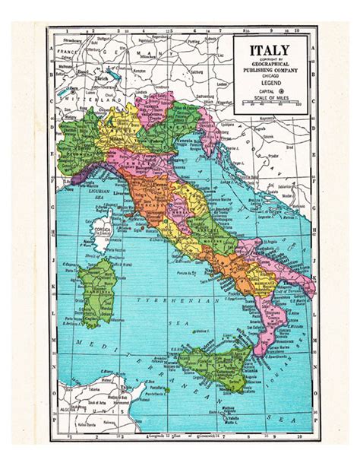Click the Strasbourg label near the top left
pyautogui.click(x=62, y=35)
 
